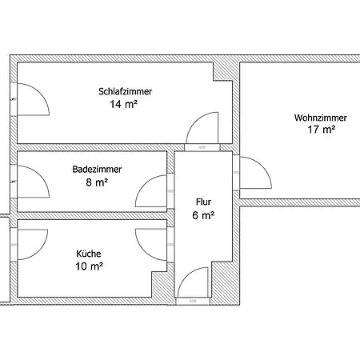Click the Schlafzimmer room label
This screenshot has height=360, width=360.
pyautogui.click(x=125, y=92)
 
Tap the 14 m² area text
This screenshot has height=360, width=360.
pyautogui.click(x=125, y=105)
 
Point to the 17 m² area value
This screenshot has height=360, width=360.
pyautogui.click(x=320, y=130)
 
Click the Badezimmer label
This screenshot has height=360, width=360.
pyautogui.click(x=90, y=169)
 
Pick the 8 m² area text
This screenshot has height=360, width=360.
pyautogui.click(x=96, y=182)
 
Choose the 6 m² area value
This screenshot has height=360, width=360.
pyautogui.click(x=203, y=215)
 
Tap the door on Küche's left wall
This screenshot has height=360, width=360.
pyautogui.click(x=31, y=243)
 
